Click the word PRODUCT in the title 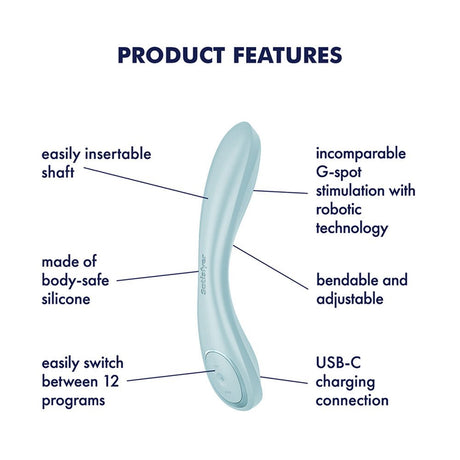click(165, 55)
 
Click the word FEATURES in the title click(284, 55)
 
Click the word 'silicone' click(68, 299)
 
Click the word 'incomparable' click(360, 155)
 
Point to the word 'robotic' click(339, 210)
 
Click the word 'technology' click(352, 228)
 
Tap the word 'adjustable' click(350, 298)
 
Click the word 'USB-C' click(339, 363)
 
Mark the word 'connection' click(352, 400)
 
